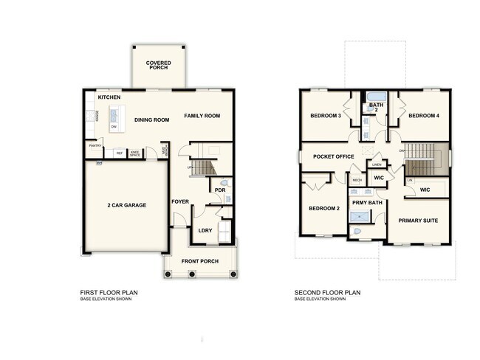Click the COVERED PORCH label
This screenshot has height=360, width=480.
coord(159,66)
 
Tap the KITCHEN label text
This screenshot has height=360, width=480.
coord(109,97)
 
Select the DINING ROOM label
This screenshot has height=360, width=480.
coord(152,120)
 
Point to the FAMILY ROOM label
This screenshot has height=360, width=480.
coord(202,116)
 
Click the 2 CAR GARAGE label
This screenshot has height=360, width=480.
coord(126,205)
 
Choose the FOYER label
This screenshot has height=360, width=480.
coord(181,201)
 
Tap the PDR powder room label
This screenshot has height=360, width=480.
coord(219,190)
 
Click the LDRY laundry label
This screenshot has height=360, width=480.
coord(205,230)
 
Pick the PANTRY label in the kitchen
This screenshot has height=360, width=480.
coord(95,146)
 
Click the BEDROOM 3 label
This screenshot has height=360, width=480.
coord(325,116)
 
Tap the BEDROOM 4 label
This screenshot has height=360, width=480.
coord(424,116)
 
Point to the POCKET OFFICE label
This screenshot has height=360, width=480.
coord(334,156)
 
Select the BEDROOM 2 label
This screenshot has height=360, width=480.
coord(323,209)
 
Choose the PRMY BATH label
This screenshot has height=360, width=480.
coord(367,202)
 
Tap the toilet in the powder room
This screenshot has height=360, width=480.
coord(224,181)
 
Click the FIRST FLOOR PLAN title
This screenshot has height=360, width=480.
coord(109,293)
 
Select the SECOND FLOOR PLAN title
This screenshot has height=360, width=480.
coord(327,293)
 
